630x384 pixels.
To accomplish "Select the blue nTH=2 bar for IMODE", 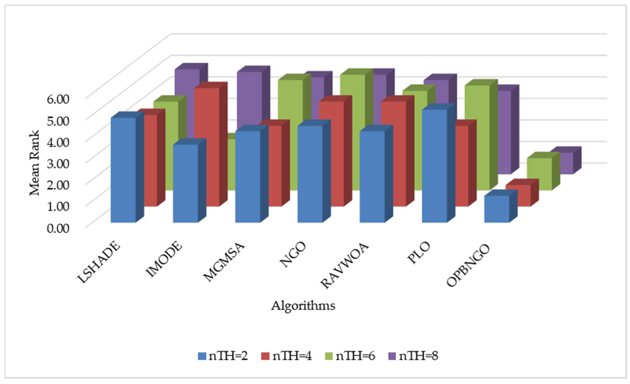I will click(185, 183).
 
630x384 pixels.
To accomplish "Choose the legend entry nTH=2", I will click(223, 356).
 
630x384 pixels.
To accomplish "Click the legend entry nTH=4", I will click(286, 356).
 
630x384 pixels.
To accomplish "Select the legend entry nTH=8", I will click(413, 356).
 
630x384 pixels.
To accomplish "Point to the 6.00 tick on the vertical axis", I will click(58, 99).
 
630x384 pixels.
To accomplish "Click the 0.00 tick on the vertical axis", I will click(58, 228).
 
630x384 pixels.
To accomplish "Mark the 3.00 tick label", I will click(58, 164).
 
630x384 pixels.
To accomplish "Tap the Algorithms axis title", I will click(303, 306).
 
